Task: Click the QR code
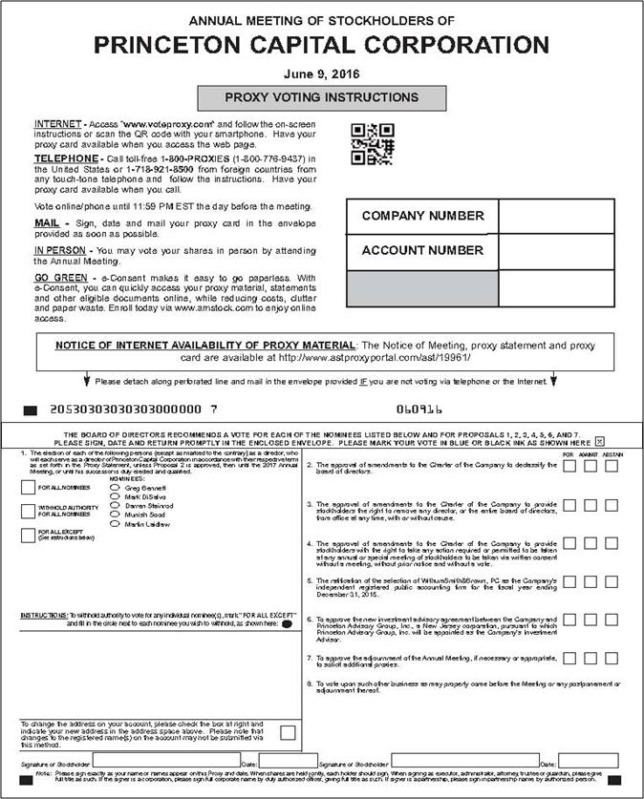372,144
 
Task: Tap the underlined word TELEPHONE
65,158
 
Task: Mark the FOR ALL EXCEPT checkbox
28,536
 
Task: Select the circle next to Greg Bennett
115,487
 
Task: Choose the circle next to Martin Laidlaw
115,525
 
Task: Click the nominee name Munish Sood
145,515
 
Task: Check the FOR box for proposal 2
569,466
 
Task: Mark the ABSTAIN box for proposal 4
612,544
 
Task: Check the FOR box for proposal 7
569,658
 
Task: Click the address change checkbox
288,732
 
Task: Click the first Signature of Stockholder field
167,762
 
